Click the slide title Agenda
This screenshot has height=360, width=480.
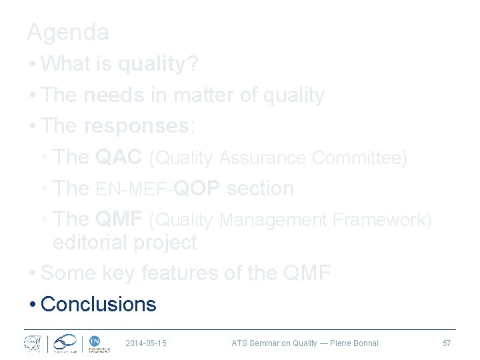pyautogui.click(x=67, y=31)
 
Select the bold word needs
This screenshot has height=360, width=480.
pyautogui.click(x=114, y=95)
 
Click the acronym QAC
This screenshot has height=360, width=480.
pyautogui.click(x=118, y=157)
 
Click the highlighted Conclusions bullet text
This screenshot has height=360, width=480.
pyautogui.click(x=98, y=304)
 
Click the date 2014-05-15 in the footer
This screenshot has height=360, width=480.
pyautogui.click(x=145, y=343)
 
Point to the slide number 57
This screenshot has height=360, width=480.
pyautogui.click(x=447, y=343)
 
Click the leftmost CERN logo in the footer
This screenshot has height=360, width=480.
pyautogui.click(x=32, y=343)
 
